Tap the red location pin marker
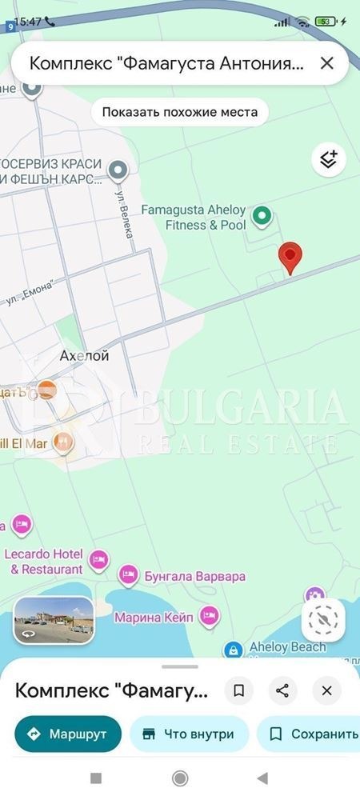click(290, 258)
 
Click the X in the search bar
click(326, 63)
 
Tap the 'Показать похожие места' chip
click(179, 112)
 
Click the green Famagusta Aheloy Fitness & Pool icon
click(262, 215)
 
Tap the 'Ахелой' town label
click(84, 355)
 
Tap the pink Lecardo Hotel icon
click(99, 559)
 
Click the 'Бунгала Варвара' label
click(194, 576)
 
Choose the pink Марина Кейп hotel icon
click(210, 615)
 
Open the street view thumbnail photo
click(54, 620)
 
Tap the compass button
click(323, 619)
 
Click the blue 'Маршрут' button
click(68, 734)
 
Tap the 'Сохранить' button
click(312, 734)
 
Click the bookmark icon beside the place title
click(238, 690)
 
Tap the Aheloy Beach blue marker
click(234, 650)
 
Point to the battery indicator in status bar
click(325, 22)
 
